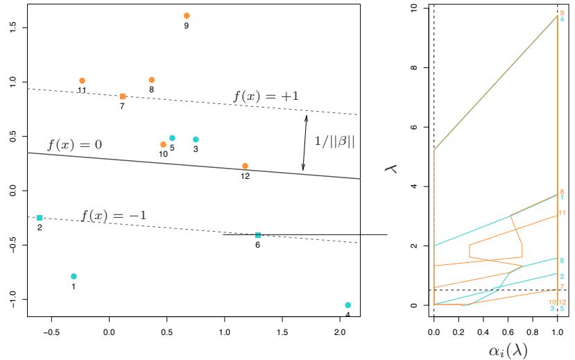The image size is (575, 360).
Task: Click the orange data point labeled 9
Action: click(187, 15)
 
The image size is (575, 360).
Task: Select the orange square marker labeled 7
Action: click(123, 96)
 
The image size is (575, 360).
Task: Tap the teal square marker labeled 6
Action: click(258, 235)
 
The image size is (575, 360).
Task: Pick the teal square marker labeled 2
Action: click(40, 218)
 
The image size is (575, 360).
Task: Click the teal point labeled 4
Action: click(347, 305)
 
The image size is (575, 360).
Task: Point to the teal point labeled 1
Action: click(74, 276)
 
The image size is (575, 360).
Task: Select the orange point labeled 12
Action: click(245, 166)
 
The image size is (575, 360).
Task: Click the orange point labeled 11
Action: click(82, 80)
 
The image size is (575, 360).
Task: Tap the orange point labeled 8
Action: click(152, 80)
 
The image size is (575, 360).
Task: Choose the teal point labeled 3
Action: click(196, 139)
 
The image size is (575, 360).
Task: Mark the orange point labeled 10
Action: click(163, 144)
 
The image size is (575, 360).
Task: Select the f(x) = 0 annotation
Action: click(74, 146)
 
